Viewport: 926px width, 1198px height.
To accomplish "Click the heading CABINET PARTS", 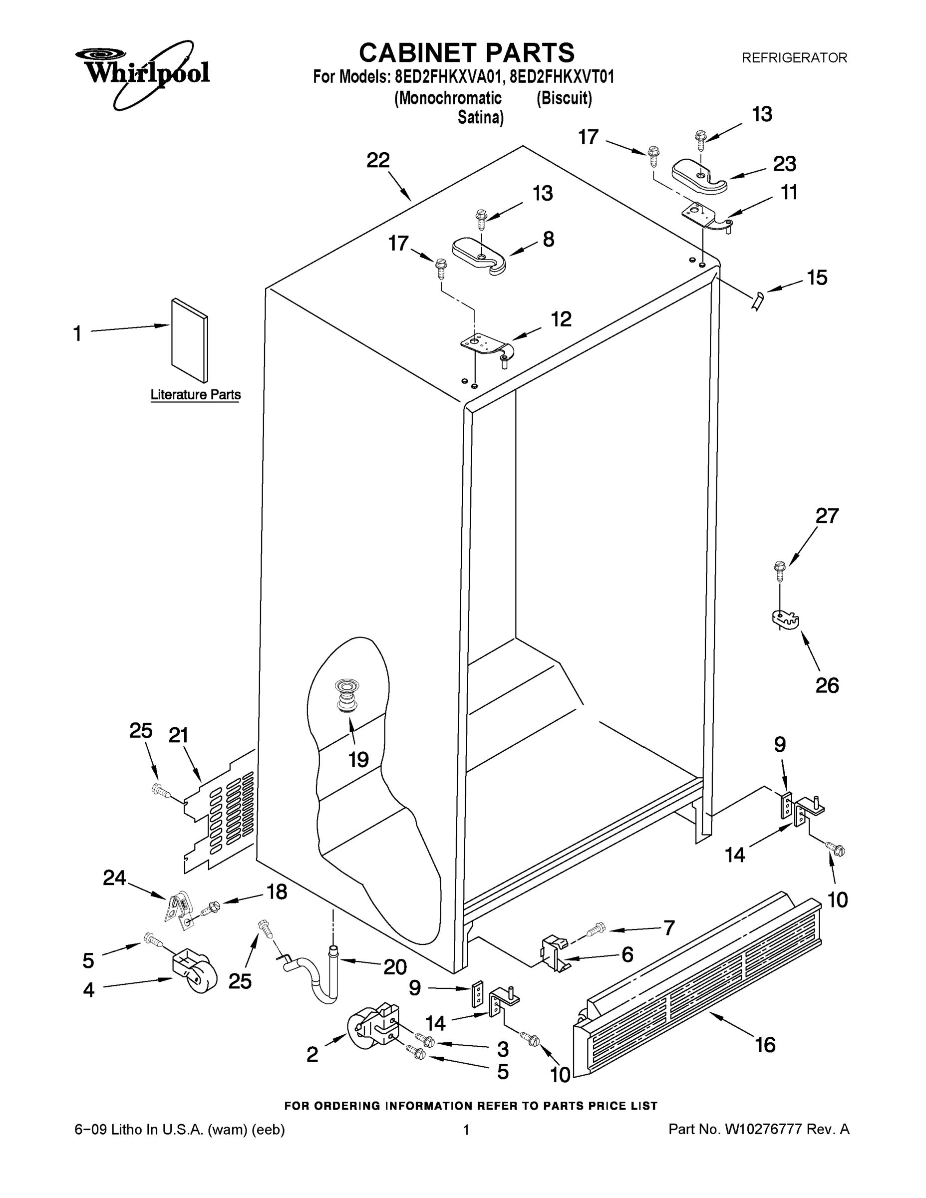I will [x=466, y=53].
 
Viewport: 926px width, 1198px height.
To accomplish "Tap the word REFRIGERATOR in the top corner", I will [x=794, y=57].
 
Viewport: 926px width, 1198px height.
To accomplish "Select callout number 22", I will [x=378, y=160].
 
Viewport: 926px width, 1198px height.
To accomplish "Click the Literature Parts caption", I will [x=195, y=394].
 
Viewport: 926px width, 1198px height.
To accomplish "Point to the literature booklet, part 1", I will [x=190, y=340].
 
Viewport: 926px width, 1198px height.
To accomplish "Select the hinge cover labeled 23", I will [x=699, y=176].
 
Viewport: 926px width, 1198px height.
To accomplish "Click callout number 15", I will [x=817, y=278].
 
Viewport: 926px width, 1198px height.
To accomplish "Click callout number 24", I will [x=115, y=878].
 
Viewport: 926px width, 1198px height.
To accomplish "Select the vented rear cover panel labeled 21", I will [x=222, y=817].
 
